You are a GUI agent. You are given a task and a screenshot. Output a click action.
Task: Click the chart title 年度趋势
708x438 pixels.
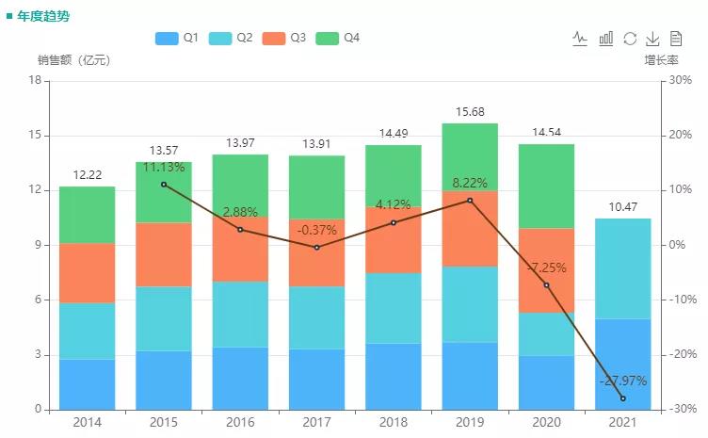[42, 16]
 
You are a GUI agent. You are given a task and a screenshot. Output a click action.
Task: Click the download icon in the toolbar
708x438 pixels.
[652, 39]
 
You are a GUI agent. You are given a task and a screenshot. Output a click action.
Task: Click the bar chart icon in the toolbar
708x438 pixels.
[606, 39]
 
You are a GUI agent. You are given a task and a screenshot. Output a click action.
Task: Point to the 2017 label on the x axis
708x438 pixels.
[316, 423]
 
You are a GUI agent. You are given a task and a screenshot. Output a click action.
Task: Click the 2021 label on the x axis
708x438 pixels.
[622, 423]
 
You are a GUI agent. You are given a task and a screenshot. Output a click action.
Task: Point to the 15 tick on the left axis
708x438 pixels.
[36, 136]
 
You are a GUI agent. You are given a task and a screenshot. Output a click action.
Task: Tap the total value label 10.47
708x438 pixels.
[622, 207]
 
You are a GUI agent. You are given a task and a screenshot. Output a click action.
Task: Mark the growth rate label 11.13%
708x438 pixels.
[164, 167]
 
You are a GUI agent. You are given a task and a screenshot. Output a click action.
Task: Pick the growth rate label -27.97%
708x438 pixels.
[622, 381]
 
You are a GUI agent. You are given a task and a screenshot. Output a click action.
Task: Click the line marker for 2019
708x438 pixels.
[470, 200]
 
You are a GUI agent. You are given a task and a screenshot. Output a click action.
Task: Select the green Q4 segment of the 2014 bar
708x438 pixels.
[88, 215]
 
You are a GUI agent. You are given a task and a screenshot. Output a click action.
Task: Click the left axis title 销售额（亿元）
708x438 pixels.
[73, 60]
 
